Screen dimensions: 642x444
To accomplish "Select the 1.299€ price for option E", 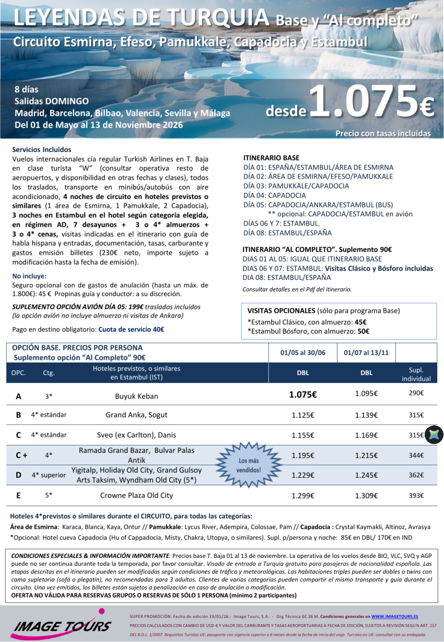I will (x=303, y=495).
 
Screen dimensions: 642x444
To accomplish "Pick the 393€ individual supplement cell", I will (x=416, y=495).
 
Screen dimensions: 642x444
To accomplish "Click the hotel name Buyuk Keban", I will (x=136, y=396).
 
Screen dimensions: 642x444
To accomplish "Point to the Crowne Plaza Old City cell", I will (x=136, y=495).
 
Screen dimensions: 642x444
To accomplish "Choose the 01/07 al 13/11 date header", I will (x=366, y=353).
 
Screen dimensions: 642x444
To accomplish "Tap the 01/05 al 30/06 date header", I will (x=302, y=353).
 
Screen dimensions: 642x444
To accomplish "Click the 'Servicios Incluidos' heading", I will (x=42, y=149).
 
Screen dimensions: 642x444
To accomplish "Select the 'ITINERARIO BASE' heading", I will (x=272, y=158).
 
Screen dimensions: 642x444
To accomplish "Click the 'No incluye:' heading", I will (x=29, y=276).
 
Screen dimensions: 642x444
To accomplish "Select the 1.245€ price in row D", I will (x=366, y=475).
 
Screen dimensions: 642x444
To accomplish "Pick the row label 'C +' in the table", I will (x=21, y=456).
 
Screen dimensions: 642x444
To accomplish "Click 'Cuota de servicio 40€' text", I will (x=131, y=330).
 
